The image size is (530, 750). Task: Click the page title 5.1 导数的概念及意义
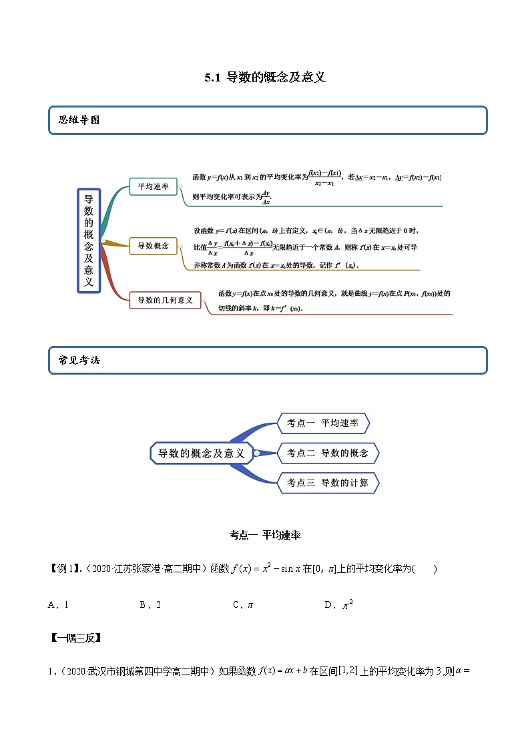(x=265, y=77)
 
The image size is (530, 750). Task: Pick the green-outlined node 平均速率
(x=153, y=187)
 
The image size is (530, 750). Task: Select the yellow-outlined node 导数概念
(x=153, y=246)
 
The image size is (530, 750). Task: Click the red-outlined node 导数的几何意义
(x=165, y=301)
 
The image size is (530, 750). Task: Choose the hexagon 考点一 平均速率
(x=322, y=423)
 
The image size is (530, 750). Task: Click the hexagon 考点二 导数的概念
(x=327, y=453)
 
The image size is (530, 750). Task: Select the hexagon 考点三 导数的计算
(x=327, y=483)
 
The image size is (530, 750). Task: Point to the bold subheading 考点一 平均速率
(x=265, y=535)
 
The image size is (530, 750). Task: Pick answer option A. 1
(x=59, y=605)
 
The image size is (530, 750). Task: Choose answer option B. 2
(x=150, y=605)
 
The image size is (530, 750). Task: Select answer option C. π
(x=243, y=605)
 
